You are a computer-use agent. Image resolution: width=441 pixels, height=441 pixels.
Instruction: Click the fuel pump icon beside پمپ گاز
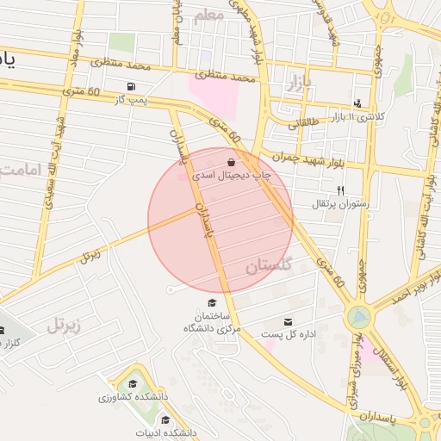coord(130,86)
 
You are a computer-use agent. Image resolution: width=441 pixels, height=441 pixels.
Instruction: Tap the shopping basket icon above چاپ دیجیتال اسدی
coord(231,162)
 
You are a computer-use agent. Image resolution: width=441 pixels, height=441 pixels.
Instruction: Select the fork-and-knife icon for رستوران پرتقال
coord(340,190)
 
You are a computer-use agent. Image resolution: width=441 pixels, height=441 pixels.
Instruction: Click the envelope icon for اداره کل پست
coord(276,321)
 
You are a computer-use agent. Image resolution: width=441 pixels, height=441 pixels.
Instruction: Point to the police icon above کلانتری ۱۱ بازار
coord(357,103)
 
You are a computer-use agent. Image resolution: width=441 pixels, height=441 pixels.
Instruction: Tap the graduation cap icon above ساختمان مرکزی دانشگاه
coord(212,302)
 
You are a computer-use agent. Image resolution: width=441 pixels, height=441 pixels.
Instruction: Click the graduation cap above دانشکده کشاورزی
coord(133,384)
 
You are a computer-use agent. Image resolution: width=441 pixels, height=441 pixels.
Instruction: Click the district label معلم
coord(209,16)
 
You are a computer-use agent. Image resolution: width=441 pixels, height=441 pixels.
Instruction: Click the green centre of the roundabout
coord(358,318)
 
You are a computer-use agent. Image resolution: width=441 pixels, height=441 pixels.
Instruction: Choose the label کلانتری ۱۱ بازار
coord(383,115)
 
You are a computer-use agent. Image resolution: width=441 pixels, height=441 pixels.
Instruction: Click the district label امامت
coord(19,169)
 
